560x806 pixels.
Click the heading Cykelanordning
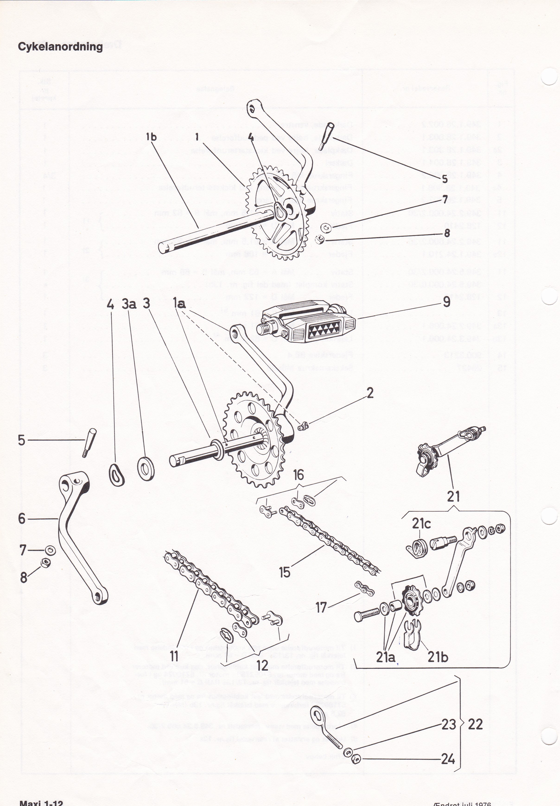(60, 46)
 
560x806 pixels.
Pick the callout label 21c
(421, 524)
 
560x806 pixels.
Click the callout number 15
(285, 573)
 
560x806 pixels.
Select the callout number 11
(174, 656)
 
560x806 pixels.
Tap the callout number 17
(321, 607)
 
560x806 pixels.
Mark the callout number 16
(299, 475)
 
